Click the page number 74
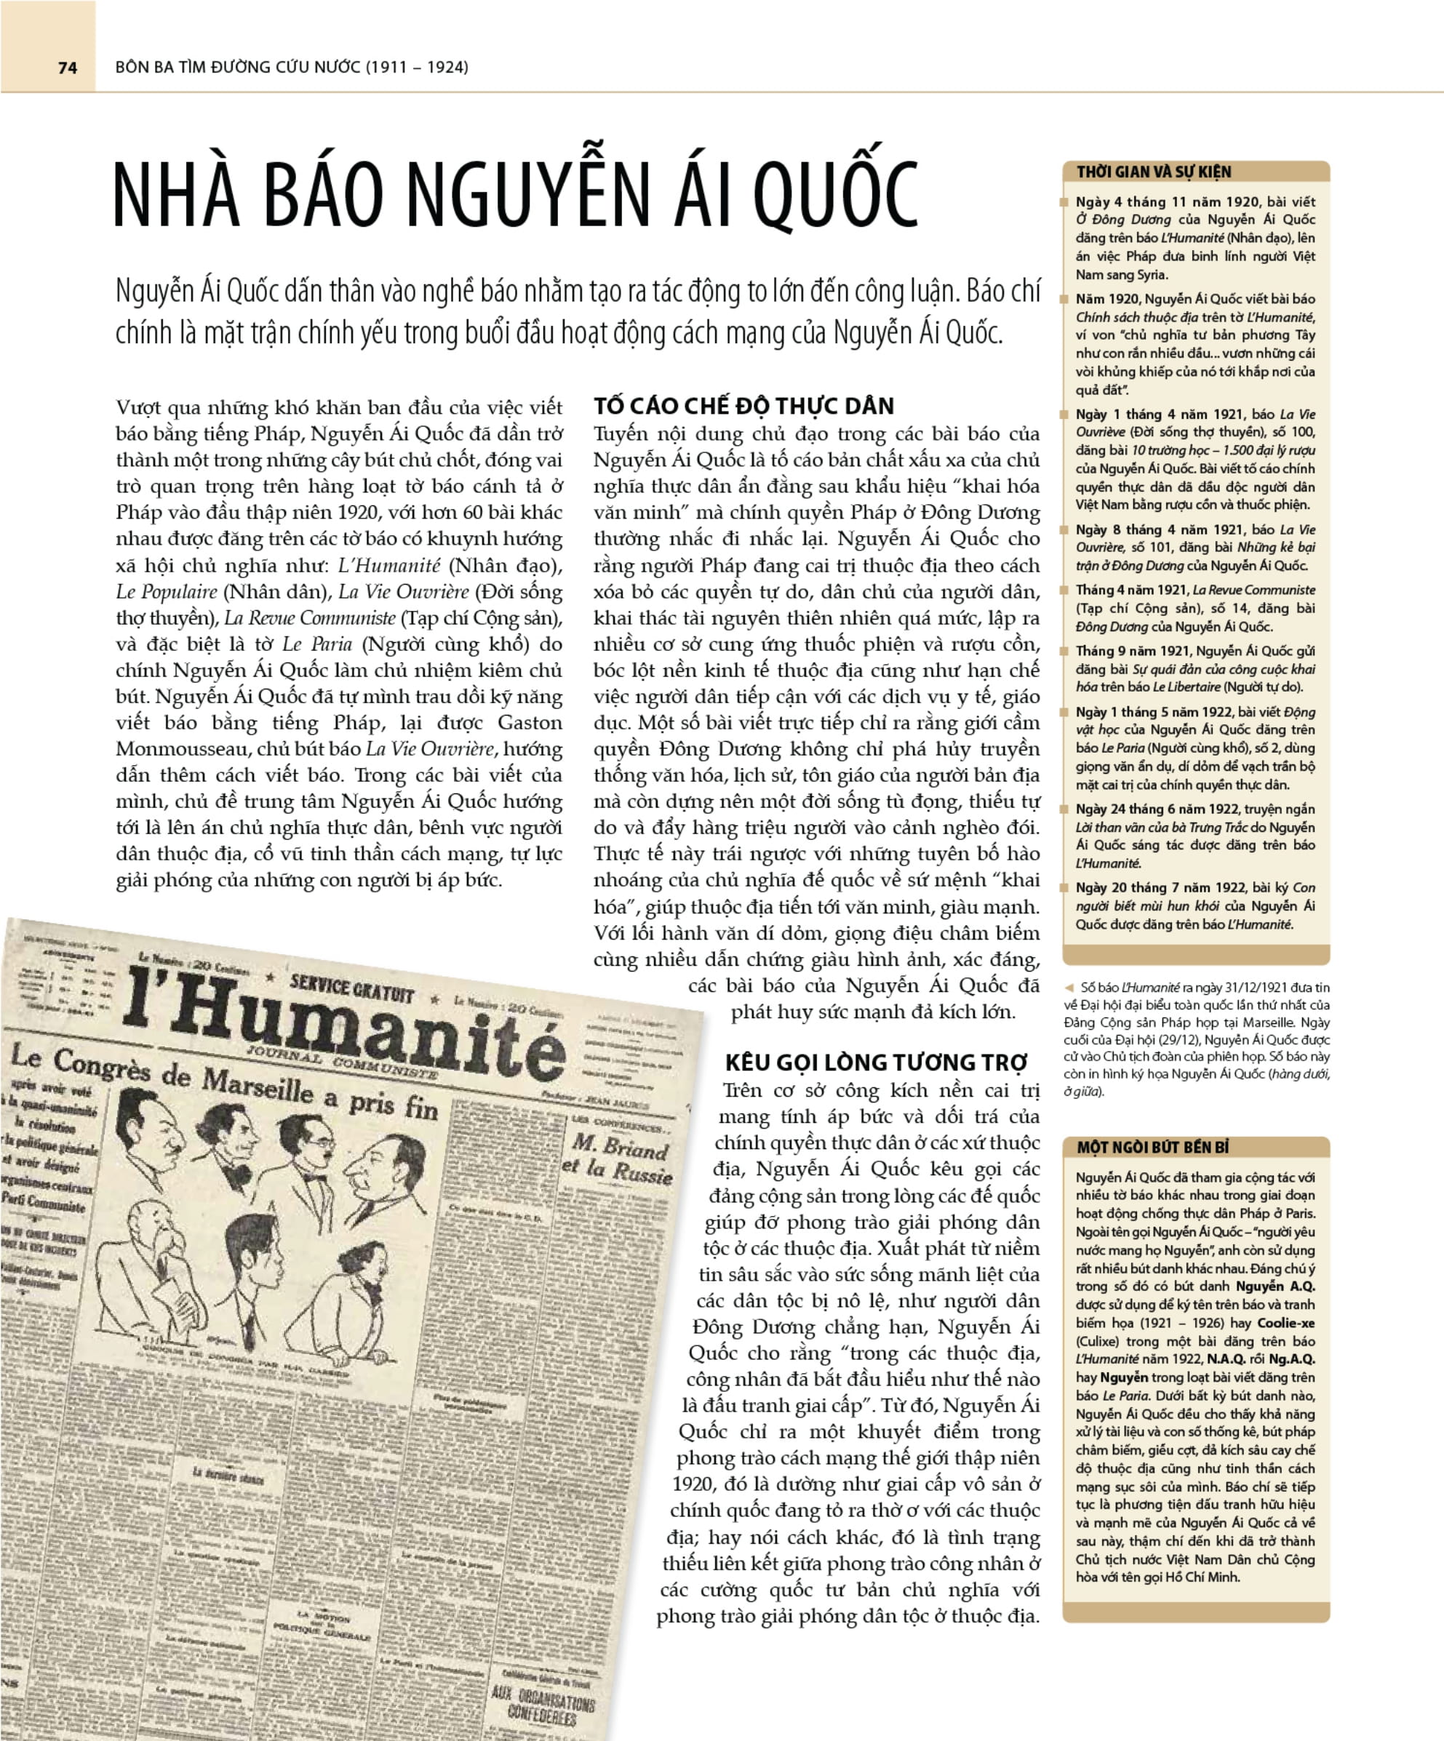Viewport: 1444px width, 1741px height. pyautogui.click(x=67, y=67)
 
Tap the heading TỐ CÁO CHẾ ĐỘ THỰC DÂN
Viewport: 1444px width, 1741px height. pyautogui.click(x=743, y=407)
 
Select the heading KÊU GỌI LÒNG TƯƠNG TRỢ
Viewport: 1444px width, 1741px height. pyautogui.click(x=876, y=1062)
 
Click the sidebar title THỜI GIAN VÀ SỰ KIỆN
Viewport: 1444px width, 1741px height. pyautogui.click(x=1153, y=172)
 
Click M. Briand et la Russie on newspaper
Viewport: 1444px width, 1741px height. pyautogui.click(x=618, y=1156)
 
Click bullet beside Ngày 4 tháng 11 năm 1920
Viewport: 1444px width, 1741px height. pyautogui.click(x=1064, y=202)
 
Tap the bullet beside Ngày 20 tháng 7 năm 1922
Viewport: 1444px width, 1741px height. pyautogui.click(x=1064, y=888)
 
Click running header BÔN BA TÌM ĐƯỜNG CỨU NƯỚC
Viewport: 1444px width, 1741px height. pyautogui.click(x=292, y=67)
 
